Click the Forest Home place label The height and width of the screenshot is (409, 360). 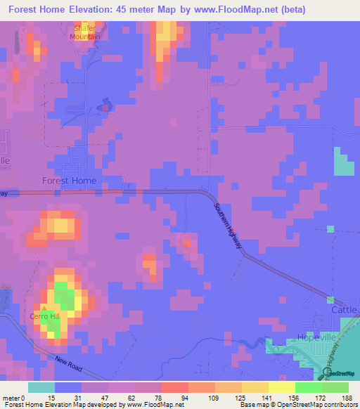point(69,180)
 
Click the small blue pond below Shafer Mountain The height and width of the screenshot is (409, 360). point(105,106)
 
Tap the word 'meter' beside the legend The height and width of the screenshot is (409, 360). point(11,398)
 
